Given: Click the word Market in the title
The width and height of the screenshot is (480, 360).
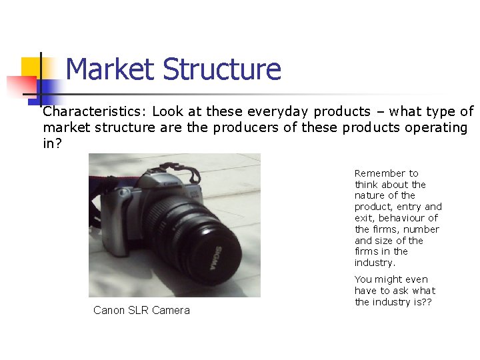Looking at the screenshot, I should [111, 69].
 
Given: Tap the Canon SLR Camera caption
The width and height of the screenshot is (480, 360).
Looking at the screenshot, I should [141, 310].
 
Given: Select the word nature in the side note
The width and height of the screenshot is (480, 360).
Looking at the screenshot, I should [369, 195].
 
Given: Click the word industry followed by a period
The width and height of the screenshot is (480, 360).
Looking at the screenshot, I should [375, 263].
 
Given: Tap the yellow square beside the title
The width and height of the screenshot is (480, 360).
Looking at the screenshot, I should [31, 67].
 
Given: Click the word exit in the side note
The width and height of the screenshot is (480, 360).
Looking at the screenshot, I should [363, 218].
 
